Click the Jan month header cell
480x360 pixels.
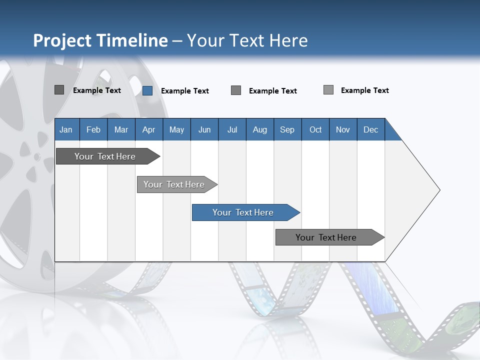pyautogui.click(x=66, y=129)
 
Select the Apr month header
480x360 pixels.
pyautogui.click(x=148, y=129)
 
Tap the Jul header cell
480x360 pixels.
pyautogui.click(x=232, y=129)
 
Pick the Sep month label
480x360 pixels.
pyautogui.click(x=287, y=129)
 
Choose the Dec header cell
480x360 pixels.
pyautogui.click(x=370, y=129)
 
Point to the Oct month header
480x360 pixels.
pyautogui.click(x=315, y=129)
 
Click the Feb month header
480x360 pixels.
pyautogui.click(x=93, y=129)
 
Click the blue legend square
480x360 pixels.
pyautogui.click(x=147, y=90)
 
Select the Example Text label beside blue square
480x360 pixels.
pyautogui.click(x=184, y=91)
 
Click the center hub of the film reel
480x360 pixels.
pyautogui.click(x=37, y=157)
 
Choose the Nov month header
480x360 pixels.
pyautogui.click(x=343, y=129)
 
